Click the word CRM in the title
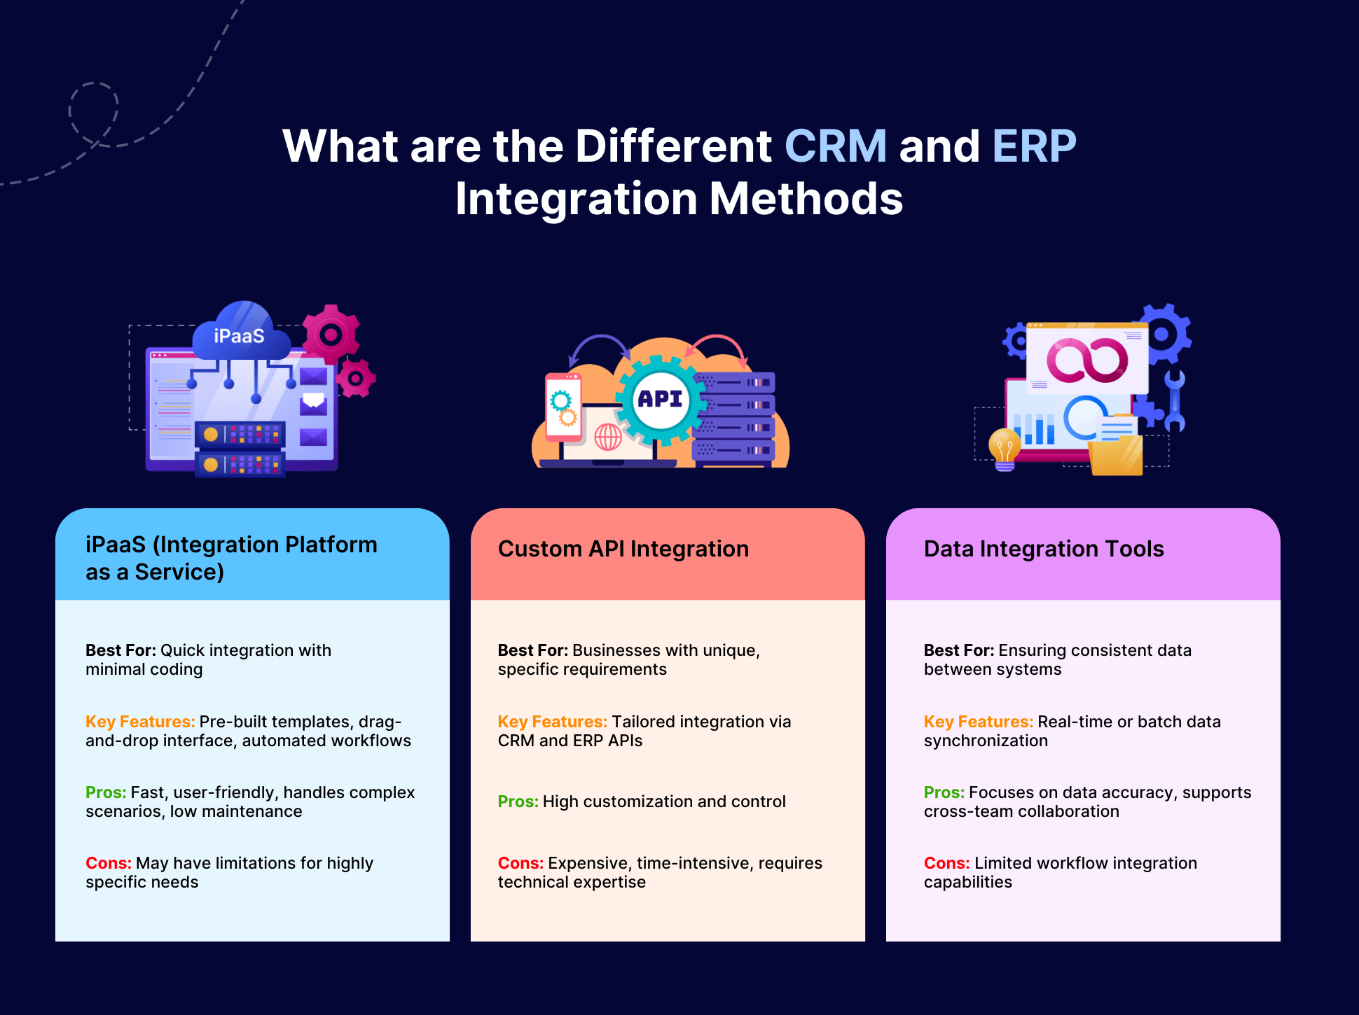click(x=835, y=146)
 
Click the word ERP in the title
click(x=1034, y=146)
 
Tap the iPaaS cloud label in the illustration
click(x=240, y=336)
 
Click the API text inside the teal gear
click(x=660, y=399)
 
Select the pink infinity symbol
click(x=1087, y=360)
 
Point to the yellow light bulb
click(x=1005, y=448)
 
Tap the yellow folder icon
click(x=1117, y=455)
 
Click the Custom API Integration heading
click(x=623, y=549)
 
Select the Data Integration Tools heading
click(x=1043, y=549)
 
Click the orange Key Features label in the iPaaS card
click(x=140, y=722)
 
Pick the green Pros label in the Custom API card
click(x=518, y=801)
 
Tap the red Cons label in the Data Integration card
click(x=946, y=863)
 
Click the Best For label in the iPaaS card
click(x=120, y=650)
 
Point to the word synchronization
click(x=986, y=741)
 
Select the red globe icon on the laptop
click(x=607, y=438)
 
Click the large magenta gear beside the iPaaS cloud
click(x=331, y=335)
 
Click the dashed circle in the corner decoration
click(x=93, y=112)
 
